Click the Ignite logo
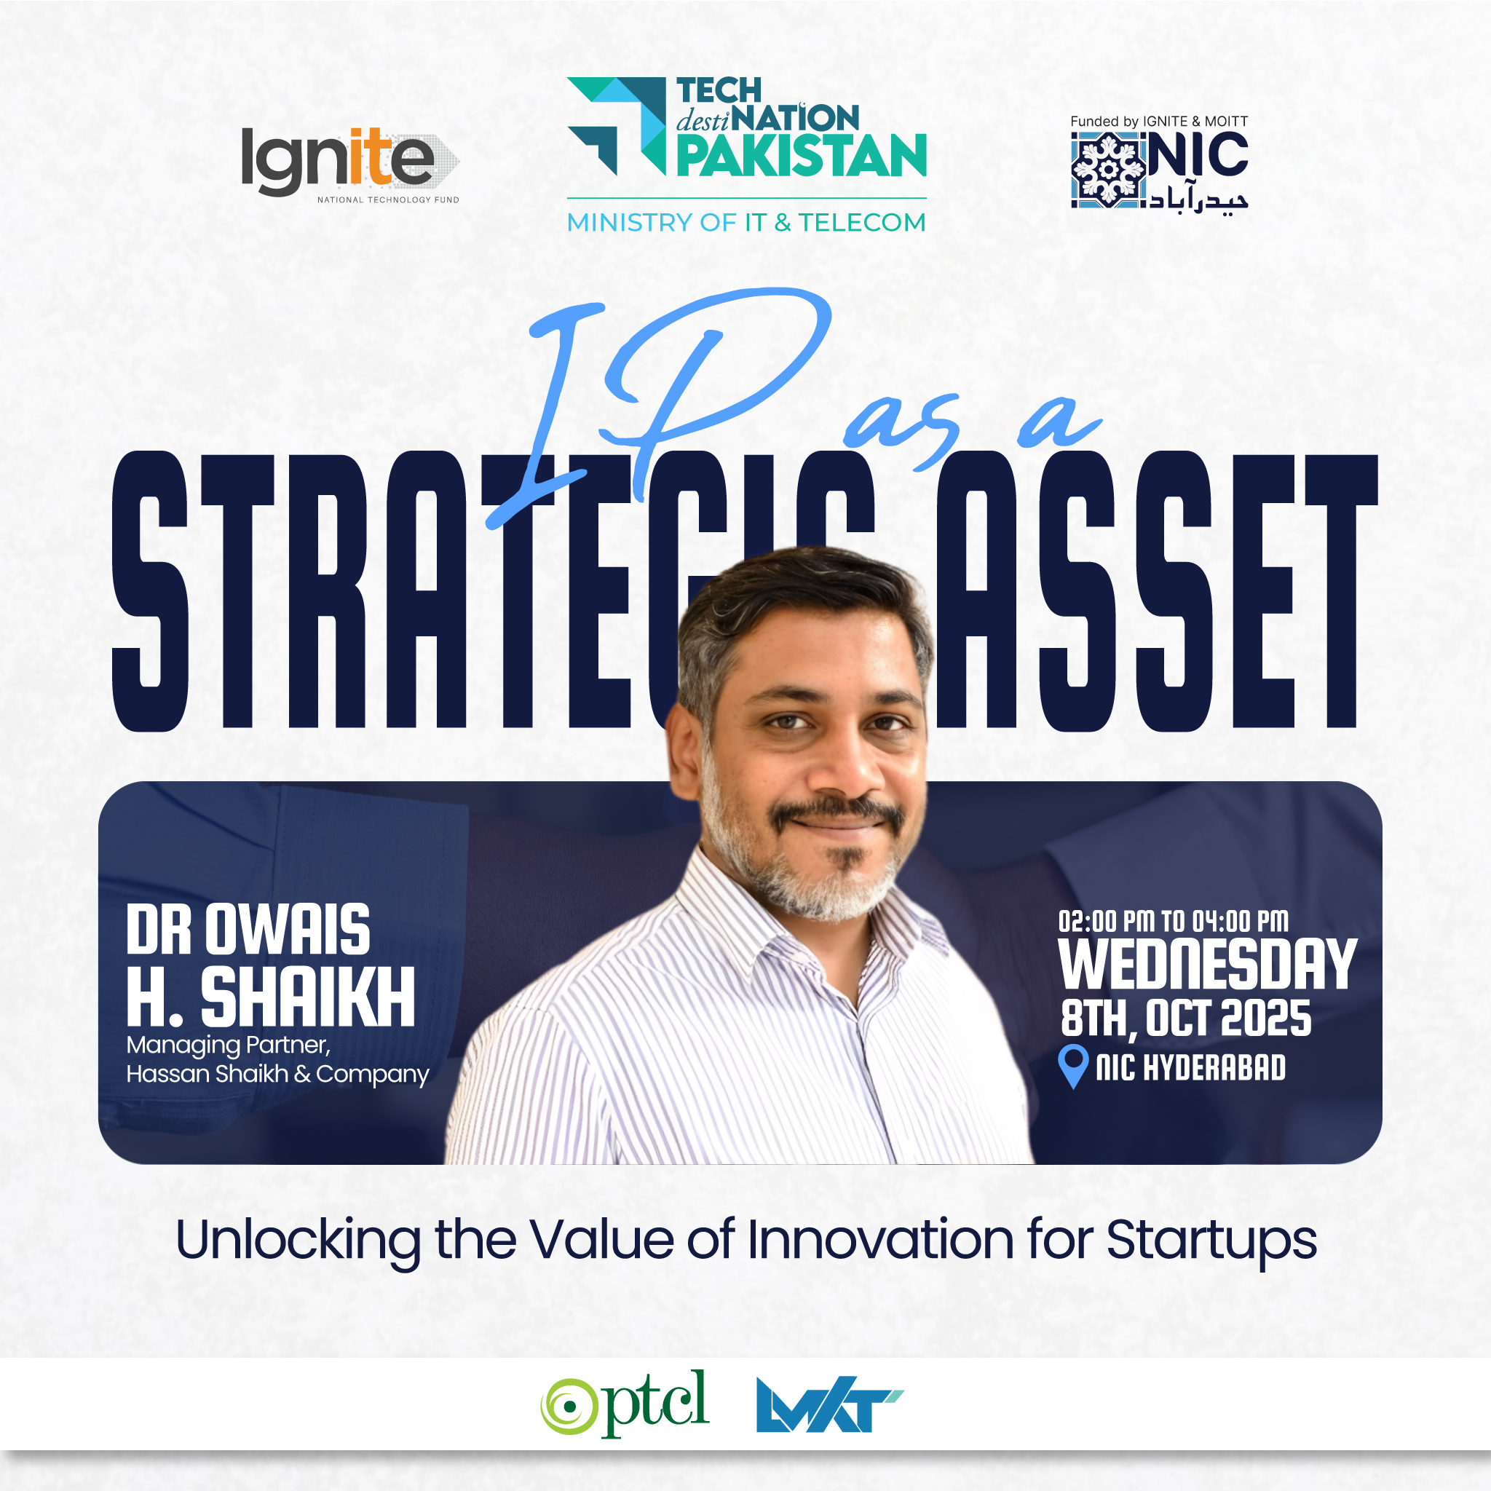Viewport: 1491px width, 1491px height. pyautogui.click(x=350, y=165)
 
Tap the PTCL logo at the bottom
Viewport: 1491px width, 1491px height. pyautogui.click(x=625, y=1404)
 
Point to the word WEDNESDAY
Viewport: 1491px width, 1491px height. pyautogui.click(x=1207, y=964)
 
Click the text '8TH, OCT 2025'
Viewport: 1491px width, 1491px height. pyautogui.click(x=1185, y=1019)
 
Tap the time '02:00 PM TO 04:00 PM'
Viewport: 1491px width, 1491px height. pyautogui.click(x=1173, y=921)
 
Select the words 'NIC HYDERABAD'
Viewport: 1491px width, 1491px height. pyautogui.click(x=1191, y=1067)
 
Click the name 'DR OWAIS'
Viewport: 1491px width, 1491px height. pyautogui.click(x=248, y=930)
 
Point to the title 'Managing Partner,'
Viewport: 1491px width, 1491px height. pyautogui.click(x=229, y=1045)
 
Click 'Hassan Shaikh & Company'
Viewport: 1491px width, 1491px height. pyautogui.click(x=278, y=1075)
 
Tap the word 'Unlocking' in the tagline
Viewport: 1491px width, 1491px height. pyautogui.click(x=298, y=1242)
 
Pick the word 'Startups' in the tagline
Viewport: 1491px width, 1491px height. pyautogui.click(x=1211, y=1242)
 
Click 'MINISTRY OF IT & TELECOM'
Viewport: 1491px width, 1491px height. pyautogui.click(x=746, y=222)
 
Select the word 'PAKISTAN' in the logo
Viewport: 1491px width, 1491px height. pyautogui.click(x=801, y=155)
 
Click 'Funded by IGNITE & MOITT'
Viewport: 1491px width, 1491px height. pyautogui.click(x=1158, y=121)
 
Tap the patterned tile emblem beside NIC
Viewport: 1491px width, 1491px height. pyautogui.click(x=1107, y=170)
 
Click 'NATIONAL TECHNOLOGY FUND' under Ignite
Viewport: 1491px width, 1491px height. pyautogui.click(x=388, y=200)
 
